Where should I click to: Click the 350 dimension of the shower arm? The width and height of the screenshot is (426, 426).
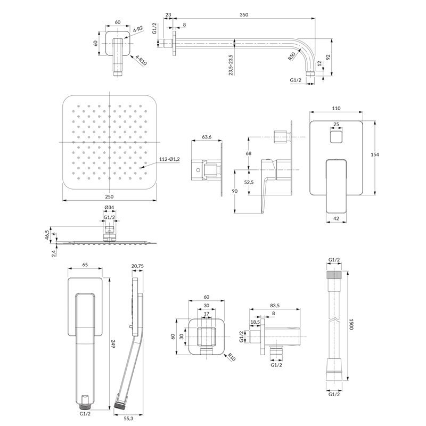pos(244,15)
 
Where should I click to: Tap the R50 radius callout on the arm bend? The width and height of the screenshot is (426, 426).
pos(292,56)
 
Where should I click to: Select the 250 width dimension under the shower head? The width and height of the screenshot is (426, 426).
pos(109,196)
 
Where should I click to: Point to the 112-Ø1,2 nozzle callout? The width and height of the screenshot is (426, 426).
pos(169,159)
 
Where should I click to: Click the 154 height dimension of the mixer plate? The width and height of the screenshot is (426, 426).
pos(375,154)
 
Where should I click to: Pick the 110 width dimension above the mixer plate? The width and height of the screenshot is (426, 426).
pos(336,108)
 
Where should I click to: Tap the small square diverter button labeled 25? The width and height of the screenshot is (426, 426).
pos(336,136)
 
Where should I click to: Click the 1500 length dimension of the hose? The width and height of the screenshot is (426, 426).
pos(351,324)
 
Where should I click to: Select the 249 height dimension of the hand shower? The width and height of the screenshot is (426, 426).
pos(113,345)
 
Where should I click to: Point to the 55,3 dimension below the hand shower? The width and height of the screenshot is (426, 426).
pos(128,419)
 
